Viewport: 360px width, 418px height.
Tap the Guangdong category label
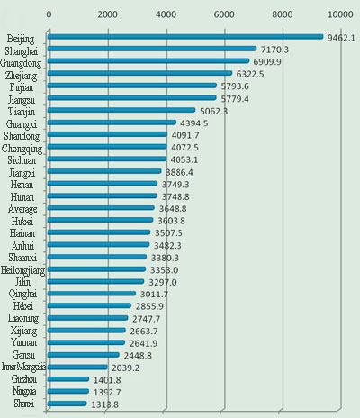23,63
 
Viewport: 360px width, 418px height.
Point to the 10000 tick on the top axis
341,15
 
